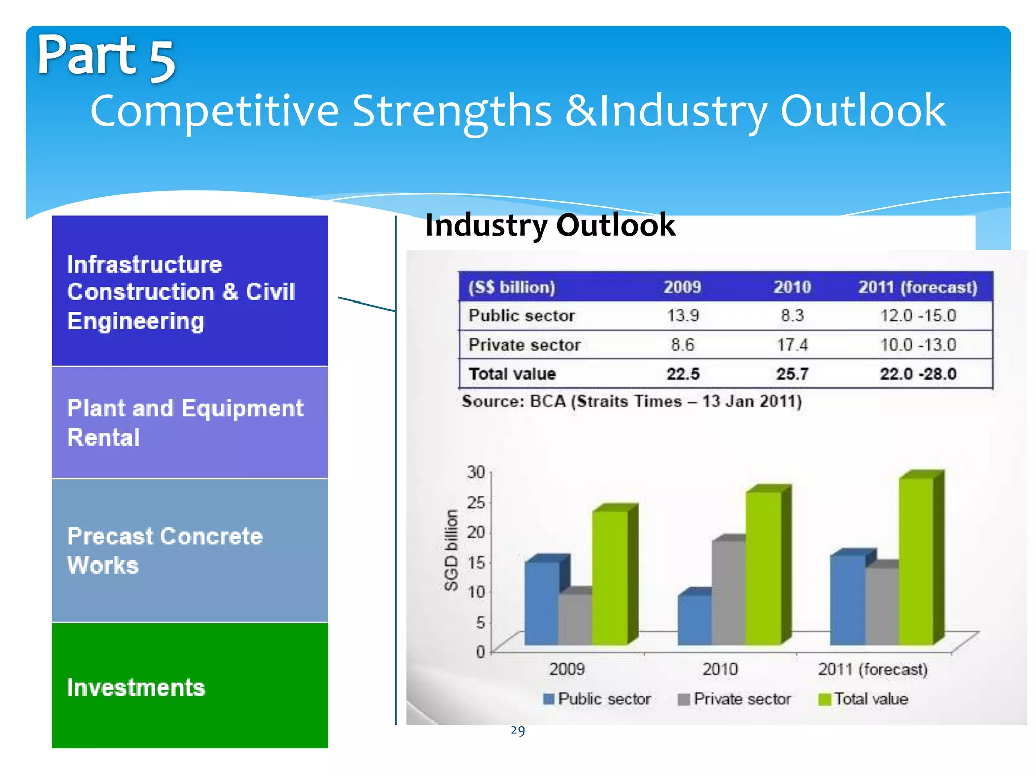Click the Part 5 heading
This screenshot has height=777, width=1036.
click(x=106, y=57)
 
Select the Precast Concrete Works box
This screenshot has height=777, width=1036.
click(x=190, y=550)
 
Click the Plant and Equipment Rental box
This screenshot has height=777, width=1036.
click(x=190, y=422)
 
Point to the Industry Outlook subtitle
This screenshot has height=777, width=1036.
click(x=550, y=225)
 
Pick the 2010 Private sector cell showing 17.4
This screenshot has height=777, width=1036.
click(x=792, y=345)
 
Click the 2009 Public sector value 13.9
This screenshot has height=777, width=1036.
click(x=682, y=316)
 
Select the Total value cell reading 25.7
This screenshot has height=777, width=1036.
click(x=792, y=374)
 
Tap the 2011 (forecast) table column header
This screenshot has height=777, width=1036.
click(x=918, y=287)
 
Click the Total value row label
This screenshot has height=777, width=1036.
click(x=512, y=374)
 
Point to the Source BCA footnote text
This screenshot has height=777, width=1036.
click(x=631, y=401)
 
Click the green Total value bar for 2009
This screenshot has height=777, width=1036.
click(x=610, y=577)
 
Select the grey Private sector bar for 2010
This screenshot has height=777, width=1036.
click(x=728, y=592)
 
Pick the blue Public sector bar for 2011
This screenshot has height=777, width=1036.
click(x=847, y=599)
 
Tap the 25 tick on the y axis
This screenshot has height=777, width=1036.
click(x=476, y=502)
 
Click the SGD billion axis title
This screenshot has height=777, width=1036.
click(x=451, y=550)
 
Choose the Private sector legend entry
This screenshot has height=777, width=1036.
click(x=735, y=699)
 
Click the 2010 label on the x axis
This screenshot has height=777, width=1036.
click(x=719, y=670)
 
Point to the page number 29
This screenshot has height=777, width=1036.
click(x=517, y=730)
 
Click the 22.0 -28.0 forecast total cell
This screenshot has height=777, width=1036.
click(x=918, y=374)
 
